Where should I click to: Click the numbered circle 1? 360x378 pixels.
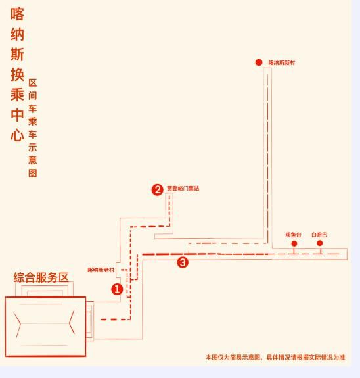[117, 289]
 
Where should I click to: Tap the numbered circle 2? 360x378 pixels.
[158, 190]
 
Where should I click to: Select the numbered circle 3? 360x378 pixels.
[183, 262]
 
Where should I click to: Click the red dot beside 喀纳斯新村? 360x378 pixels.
[259, 62]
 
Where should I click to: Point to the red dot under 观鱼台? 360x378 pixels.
[294, 243]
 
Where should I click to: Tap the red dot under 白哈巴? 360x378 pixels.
[320, 243]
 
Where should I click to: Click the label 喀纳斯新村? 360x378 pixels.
[282, 62]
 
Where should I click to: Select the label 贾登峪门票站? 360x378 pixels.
[183, 188]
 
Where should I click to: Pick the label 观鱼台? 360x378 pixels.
[293, 235]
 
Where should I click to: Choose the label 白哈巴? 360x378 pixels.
[319, 235]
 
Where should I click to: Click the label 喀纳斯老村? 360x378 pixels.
[101, 270]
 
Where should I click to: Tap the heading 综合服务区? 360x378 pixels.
[41, 277]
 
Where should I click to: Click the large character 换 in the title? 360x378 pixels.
[17, 74]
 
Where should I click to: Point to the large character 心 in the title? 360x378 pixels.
[17, 135]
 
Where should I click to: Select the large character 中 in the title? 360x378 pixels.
[17, 115]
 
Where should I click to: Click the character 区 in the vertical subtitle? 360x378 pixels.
[33, 83]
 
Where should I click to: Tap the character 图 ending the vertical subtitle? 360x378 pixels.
[33, 173]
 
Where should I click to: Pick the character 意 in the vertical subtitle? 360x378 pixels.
[33, 160]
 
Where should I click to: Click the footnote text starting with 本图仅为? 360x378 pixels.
[275, 357]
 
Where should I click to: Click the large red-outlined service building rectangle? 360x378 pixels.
[45, 327]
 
